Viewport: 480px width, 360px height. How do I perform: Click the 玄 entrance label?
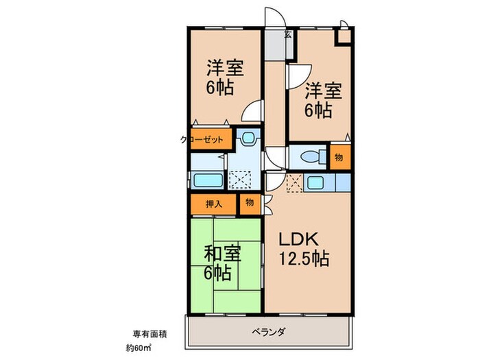click(287, 34)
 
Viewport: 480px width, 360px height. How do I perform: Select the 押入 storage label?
click(213, 204)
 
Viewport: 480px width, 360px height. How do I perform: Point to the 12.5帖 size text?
click(304, 259)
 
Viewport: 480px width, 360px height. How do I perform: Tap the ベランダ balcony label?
click(272, 332)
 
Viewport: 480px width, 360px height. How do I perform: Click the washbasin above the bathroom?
click(247, 138)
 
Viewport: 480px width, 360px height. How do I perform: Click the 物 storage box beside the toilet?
click(339, 156)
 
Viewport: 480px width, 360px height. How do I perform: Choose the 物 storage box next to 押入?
click(249, 204)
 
